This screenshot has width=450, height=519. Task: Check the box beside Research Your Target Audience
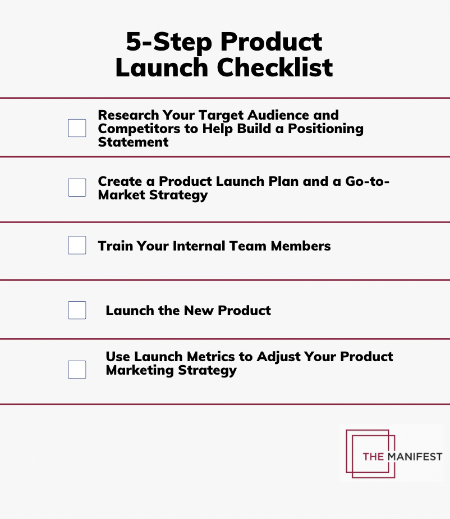[77, 128]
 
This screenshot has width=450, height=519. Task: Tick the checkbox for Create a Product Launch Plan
[77, 188]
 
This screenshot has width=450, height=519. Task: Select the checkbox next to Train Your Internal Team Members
[77, 245]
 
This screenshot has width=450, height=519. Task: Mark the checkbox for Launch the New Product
[77, 310]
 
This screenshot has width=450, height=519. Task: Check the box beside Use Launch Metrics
[77, 370]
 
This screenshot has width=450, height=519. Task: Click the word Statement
[133, 142]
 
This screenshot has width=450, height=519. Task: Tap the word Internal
[201, 246]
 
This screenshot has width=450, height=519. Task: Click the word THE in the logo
[373, 456]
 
